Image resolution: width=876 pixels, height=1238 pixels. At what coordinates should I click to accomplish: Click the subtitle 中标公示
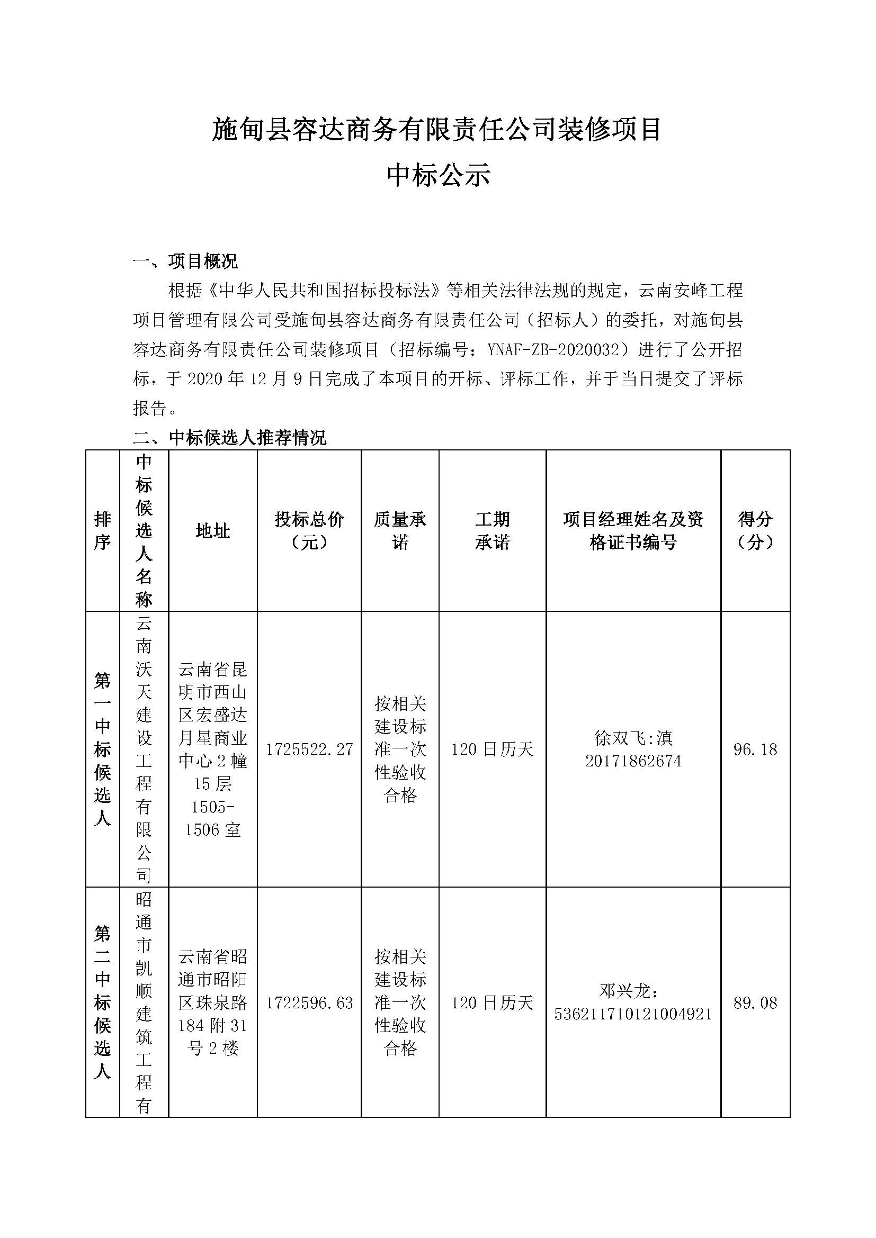(x=437, y=176)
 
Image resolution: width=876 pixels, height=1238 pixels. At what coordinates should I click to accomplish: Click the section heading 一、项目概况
(x=185, y=261)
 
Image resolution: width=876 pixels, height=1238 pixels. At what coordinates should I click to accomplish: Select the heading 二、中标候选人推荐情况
(x=229, y=437)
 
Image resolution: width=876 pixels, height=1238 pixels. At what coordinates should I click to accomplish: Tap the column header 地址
(x=212, y=531)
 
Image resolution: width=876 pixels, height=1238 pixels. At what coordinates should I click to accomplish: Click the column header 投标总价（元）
(x=309, y=530)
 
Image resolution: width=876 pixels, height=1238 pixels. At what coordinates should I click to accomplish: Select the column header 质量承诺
(x=400, y=530)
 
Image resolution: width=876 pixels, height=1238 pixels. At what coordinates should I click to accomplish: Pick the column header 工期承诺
(x=492, y=530)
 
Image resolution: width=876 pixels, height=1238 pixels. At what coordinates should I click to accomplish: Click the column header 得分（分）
(x=755, y=530)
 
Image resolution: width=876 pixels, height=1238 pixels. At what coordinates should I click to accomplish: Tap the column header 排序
(x=103, y=530)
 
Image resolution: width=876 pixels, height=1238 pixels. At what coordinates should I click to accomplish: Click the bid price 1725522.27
(x=309, y=749)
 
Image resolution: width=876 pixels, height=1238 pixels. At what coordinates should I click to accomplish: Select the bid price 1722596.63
(x=309, y=1002)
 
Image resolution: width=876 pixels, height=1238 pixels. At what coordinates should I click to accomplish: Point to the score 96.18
(x=755, y=749)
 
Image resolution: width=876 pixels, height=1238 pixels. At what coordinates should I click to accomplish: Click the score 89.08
(x=755, y=1002)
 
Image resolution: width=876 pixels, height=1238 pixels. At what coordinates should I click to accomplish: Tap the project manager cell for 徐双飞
(x=633, y=749)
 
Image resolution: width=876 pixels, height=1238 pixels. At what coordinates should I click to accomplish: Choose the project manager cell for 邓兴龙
(x=633, y=1002)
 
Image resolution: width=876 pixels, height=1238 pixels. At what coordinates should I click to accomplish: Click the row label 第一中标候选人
(x=103, y=749)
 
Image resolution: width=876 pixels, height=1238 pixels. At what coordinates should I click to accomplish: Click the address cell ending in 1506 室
(x=212, y=749)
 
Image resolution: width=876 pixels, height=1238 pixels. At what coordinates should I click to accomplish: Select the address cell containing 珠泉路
(x=212, y=1002)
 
